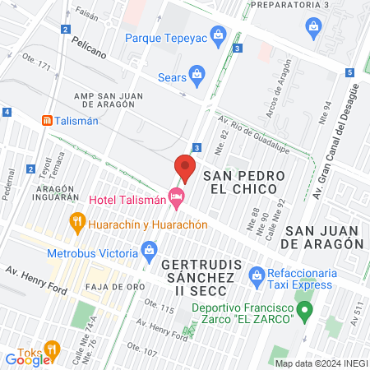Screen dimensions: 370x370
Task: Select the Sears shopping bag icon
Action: point(197,77)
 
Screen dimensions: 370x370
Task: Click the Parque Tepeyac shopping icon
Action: point(218,36)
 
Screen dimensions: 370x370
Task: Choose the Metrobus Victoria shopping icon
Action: point(150,248)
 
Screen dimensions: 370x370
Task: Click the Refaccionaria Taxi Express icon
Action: point(256,276)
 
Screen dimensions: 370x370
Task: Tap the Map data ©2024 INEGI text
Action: point(320,363)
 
